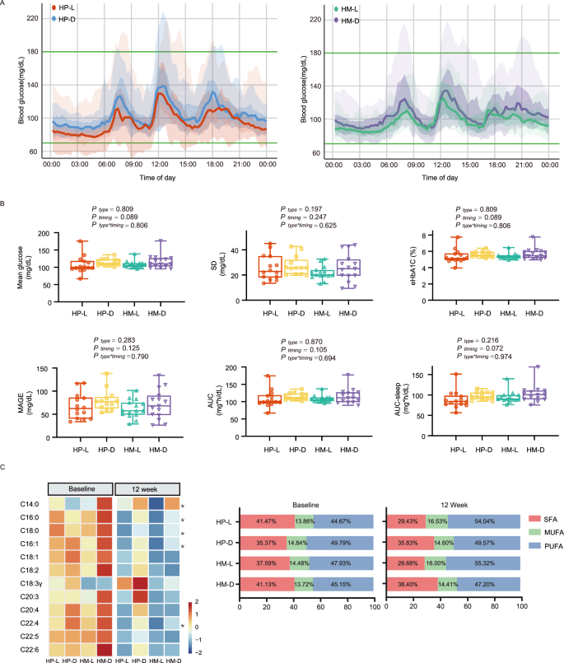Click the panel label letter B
coord(5,202)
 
